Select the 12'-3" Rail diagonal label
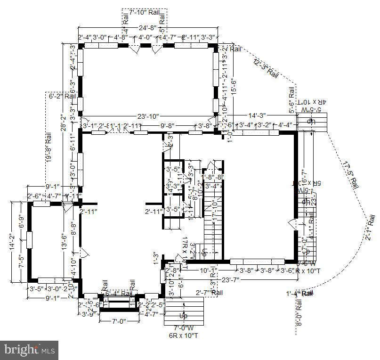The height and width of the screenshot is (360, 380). [266, 68]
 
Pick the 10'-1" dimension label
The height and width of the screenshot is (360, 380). [208, 271]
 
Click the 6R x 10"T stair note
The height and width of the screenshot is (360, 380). [182, 335]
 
